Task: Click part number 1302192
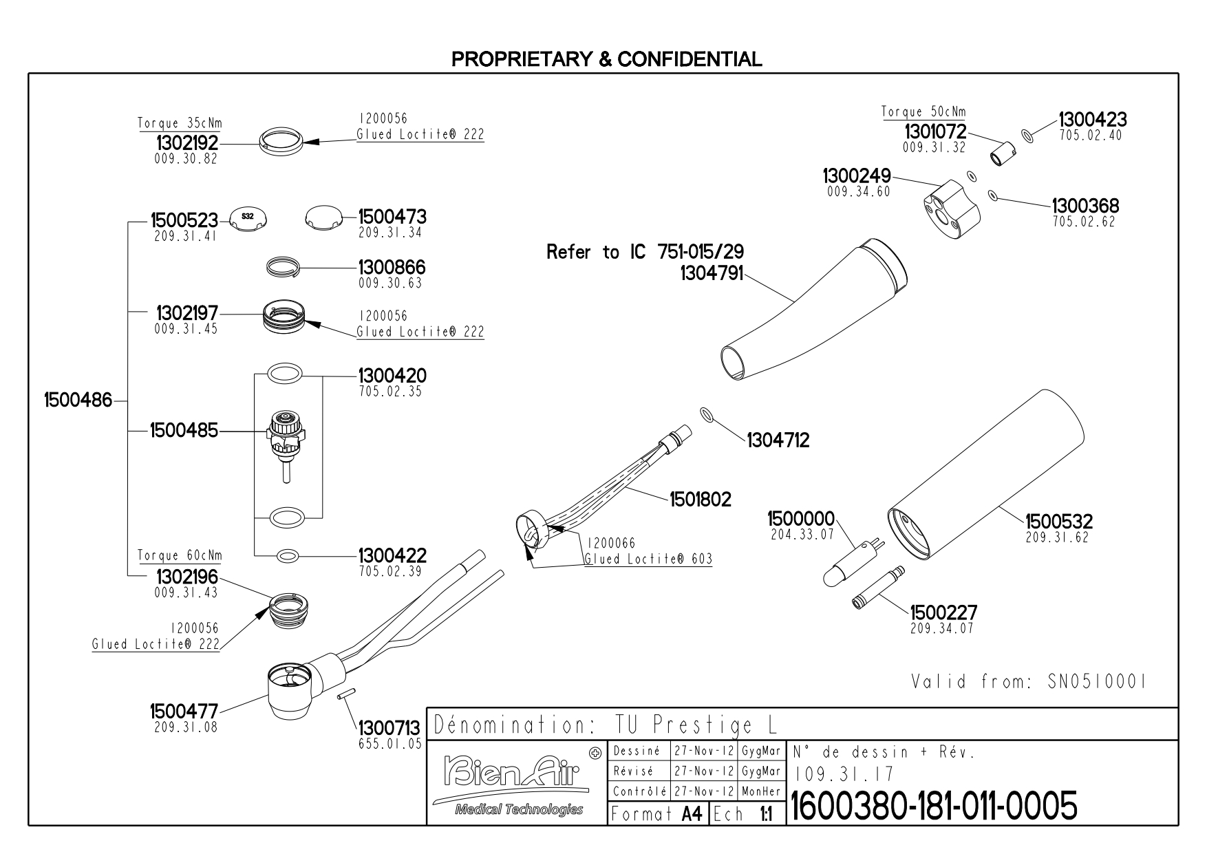186,143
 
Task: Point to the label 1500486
78,400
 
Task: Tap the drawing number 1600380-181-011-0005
934,806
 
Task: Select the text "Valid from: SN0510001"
1029,682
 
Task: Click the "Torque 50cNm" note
923,112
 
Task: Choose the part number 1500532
1058,522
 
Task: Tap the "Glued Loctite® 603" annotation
648,559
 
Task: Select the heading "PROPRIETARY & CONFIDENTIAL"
606,59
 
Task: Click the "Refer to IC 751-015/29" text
645,252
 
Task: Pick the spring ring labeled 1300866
284,267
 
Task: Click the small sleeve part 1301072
1003,153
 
